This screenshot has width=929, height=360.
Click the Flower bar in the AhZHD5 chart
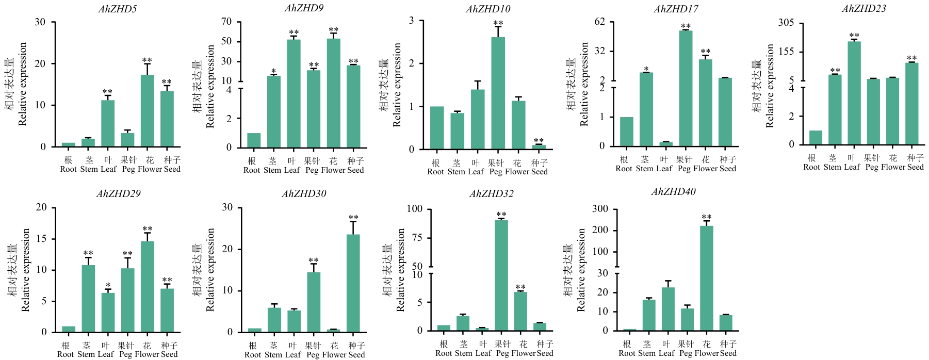coord(147,111)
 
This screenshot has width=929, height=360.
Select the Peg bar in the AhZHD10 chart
coord(498,93)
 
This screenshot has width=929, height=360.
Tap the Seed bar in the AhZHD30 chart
coord(353,283)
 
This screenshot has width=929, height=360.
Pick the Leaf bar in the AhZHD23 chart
coord(854,93)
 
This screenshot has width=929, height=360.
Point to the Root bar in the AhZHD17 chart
coord(626,132)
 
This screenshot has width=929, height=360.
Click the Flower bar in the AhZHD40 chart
coord(707,278)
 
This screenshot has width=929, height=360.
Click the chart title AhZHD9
coord(304,8)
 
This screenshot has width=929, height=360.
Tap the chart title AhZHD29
coord(118,194)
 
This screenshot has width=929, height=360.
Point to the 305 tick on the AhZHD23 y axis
coord(786,23)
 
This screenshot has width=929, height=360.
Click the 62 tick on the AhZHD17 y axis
coord(599,22)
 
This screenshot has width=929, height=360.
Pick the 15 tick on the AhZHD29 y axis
coord(41,239)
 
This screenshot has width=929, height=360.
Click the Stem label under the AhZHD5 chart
coord(89,169)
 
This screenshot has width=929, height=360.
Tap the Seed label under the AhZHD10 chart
coord(540,172)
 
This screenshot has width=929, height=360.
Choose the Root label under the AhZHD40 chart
coord(627,353)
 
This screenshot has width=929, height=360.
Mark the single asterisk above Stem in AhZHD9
coord(273,72)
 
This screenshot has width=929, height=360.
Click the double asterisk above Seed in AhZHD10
coord(539,141)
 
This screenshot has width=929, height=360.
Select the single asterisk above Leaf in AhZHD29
coord(108,286)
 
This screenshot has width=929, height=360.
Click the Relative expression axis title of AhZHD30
coord(210,270)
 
